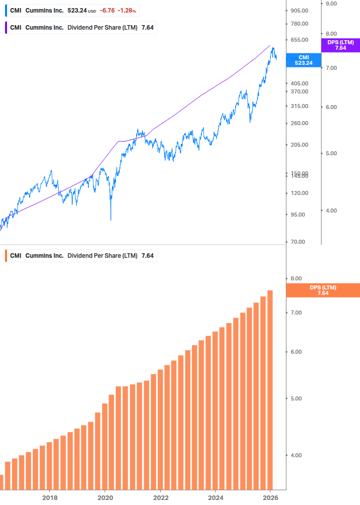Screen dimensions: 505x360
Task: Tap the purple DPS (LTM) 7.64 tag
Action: pyautogui.click(x=340, y=45)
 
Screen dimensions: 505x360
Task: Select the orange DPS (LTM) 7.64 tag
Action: pyautogui.click(x=323, y=290)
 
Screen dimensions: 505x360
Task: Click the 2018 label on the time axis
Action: pyautogui.click(x=50, y=497)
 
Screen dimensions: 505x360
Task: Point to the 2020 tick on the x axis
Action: pyautogui.click(x=105, y=497)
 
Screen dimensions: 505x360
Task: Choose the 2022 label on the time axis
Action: pyautogui.click(x=160, y=497)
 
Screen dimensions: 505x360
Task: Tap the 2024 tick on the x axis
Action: pyautogui.click(x=215, y=497)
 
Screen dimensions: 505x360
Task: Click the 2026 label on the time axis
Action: pyautogui.click(x=270, y=497)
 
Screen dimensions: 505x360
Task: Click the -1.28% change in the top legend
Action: pyautogui.click(x=127, y=10)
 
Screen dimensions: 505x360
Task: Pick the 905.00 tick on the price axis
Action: pyautogui.click(x=298, y=11)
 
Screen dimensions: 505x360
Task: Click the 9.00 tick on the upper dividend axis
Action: pyautogui.click(x=331, y=4)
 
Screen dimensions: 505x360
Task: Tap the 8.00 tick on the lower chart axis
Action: pyautogui.click(x=296, y=278)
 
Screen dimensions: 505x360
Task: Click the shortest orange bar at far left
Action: pyautogui.click(x=2, y=482)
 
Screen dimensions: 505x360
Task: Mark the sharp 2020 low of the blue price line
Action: pyautogui.click(x=110, y=219)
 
